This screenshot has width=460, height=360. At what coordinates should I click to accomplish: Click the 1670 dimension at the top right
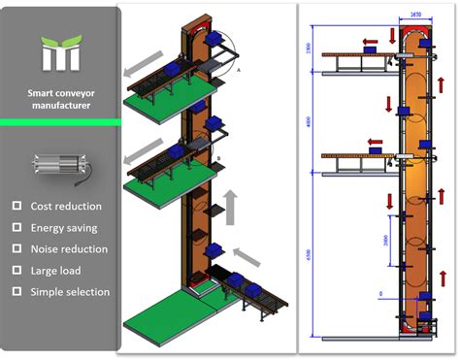[x=415, y=16]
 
